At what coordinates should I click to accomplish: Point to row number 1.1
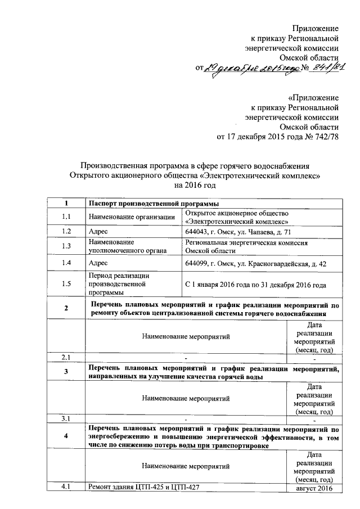point(66,217)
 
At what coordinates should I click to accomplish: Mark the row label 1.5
point(66,284)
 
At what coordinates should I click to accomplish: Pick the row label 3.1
point(66,418)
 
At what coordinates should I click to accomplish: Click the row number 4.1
point(66,487)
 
